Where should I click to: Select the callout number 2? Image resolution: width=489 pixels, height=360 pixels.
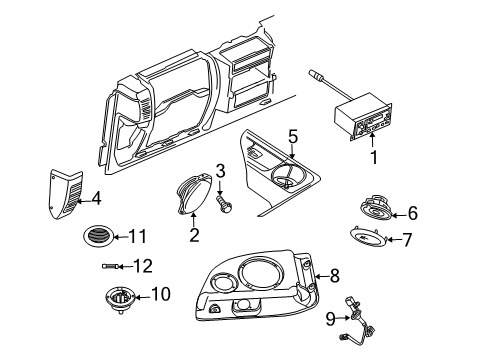point(195,235)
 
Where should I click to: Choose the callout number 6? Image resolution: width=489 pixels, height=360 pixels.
point(413,212)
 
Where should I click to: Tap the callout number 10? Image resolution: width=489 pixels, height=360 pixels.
point(161,294)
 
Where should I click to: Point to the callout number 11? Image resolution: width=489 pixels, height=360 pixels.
point(138,237)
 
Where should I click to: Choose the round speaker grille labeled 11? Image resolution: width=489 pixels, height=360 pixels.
point(97,237)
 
